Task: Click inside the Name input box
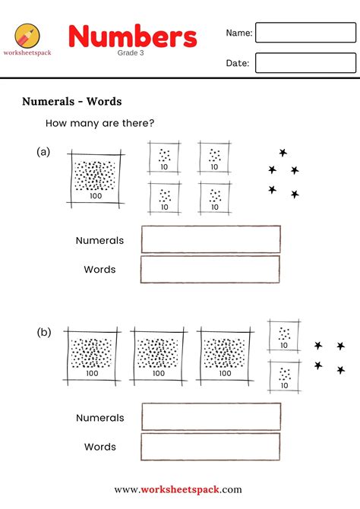[305, 33]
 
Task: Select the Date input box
[305, 63]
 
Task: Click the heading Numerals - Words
[72, 101]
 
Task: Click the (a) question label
[43, 152]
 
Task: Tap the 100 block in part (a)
[96, 178]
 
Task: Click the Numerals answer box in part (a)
[210, 239]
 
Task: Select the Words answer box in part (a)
[210, 270]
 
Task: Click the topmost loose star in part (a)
[283, 153]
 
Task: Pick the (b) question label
[43, 332]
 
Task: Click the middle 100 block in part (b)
[160, 355]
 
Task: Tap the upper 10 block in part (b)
[284, 336]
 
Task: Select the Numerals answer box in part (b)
[210, 417]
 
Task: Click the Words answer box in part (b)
[210, 447]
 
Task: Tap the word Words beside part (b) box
[100, 447]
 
